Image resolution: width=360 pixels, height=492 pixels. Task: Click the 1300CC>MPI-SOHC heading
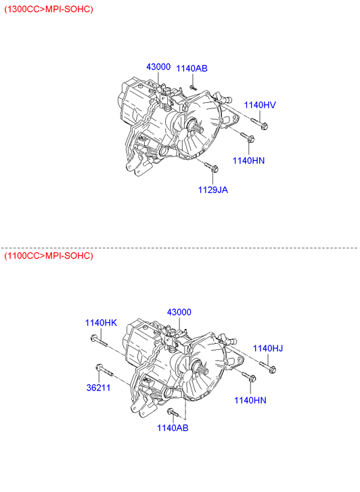(x=49, y=9)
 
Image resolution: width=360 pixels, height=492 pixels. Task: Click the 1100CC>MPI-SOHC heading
(x=49, y=256)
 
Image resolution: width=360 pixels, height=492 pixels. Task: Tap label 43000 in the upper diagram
(x=158, y=66)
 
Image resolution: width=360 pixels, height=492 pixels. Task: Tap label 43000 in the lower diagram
(x=179, y=312)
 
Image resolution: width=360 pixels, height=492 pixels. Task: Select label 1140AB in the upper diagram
(x=192, y=68)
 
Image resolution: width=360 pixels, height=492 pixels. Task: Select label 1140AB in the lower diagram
(x=173, y=428)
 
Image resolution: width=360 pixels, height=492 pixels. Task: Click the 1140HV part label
(x=260, y=105)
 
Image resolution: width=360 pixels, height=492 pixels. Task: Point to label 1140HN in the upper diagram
(x=248, y=160)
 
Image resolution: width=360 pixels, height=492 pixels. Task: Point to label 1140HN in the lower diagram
(x=250, y=401)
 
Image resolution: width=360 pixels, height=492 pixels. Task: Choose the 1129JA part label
(x=212, y=190)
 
